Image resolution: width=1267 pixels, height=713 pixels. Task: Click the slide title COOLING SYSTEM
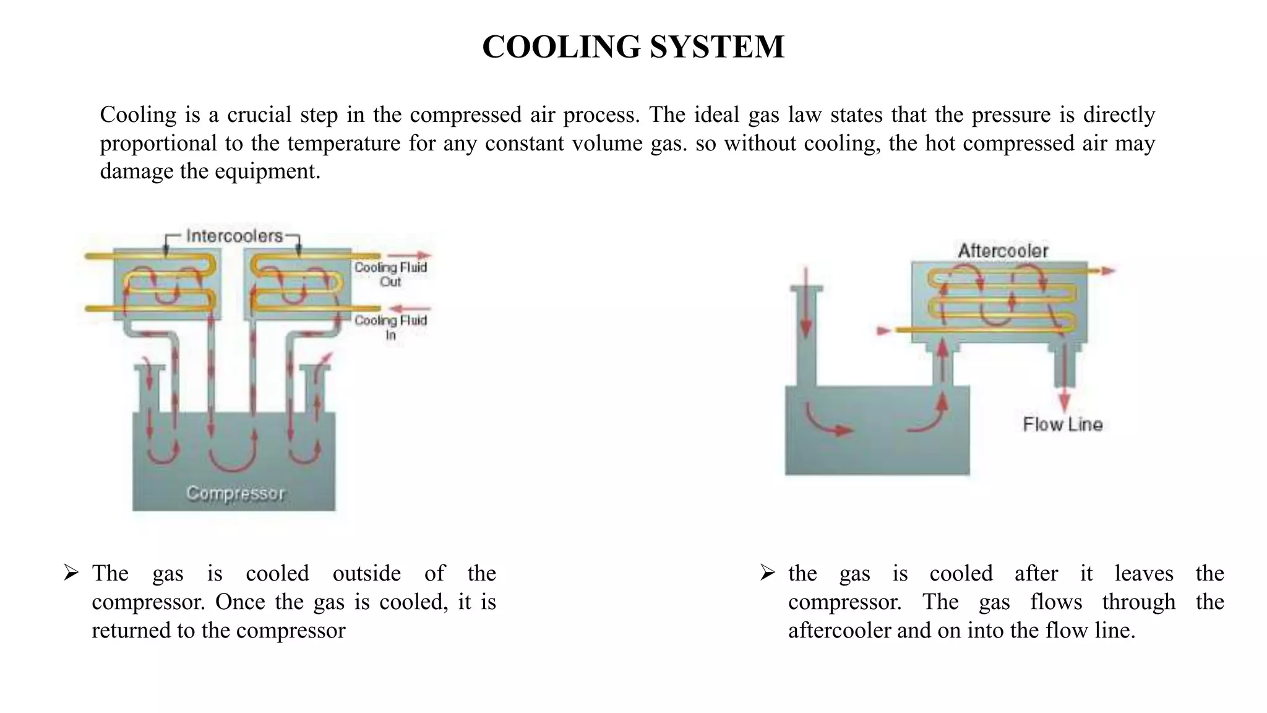coord(633,47)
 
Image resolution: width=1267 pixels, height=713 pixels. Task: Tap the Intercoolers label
coord(234,236)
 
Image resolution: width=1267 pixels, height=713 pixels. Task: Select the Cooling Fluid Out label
coord(390,274)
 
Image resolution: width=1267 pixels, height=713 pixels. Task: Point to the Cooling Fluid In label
coord(390,327)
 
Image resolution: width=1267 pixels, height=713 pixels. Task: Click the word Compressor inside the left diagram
coord(235,493)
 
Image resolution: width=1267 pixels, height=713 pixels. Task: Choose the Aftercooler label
coord(1003,251)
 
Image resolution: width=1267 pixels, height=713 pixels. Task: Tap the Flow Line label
coord(1062,425)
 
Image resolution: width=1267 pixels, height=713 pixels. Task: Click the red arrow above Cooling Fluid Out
coord(410,255)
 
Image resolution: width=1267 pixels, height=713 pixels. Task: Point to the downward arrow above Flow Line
coord(1064,396)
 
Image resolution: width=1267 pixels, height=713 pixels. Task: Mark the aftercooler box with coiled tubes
coord(999,302)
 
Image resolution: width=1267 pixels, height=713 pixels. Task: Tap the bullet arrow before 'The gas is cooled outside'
coord(71,573)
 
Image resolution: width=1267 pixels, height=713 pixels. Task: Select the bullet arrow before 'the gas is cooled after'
coord(768,573)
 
